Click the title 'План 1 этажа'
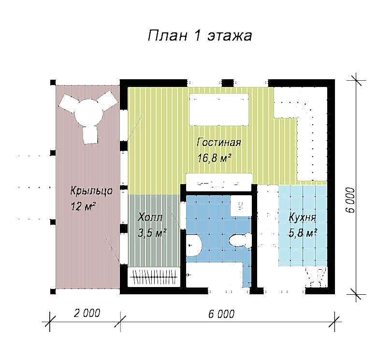tap(200, 36)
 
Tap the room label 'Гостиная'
tap(219, 143)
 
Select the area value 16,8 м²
tap(214, 158)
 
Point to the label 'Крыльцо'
tap(91, 191)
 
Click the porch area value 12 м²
tap(84, 206)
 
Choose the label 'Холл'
tap(150, 217)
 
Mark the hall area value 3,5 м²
tap(152, 233)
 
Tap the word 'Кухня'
tap(303, 217)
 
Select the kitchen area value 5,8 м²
tap(303, 233)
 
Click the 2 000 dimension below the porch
tap(87, 313)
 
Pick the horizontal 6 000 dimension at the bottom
tap(221, 314)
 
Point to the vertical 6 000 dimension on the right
tap(350, 200)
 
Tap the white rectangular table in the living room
tap(219, 110)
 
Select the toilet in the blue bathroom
tap(241, 241)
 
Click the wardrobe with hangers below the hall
tap(154, 277)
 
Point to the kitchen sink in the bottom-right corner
tap(316, 277)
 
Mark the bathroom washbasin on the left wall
tap(193, 245)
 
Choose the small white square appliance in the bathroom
tap(241, 206)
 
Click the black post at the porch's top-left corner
tap(53, 83)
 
